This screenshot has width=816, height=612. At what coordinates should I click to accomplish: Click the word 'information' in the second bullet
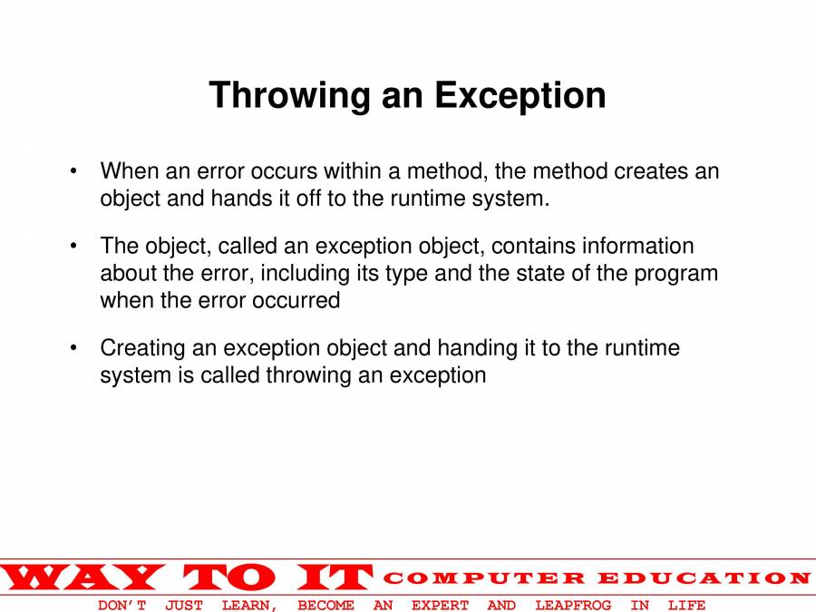[x=638, y=247]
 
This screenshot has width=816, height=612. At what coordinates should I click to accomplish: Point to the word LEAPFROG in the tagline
[x=573, y=605]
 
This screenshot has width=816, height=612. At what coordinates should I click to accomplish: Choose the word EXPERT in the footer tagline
[x=440, y=605]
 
